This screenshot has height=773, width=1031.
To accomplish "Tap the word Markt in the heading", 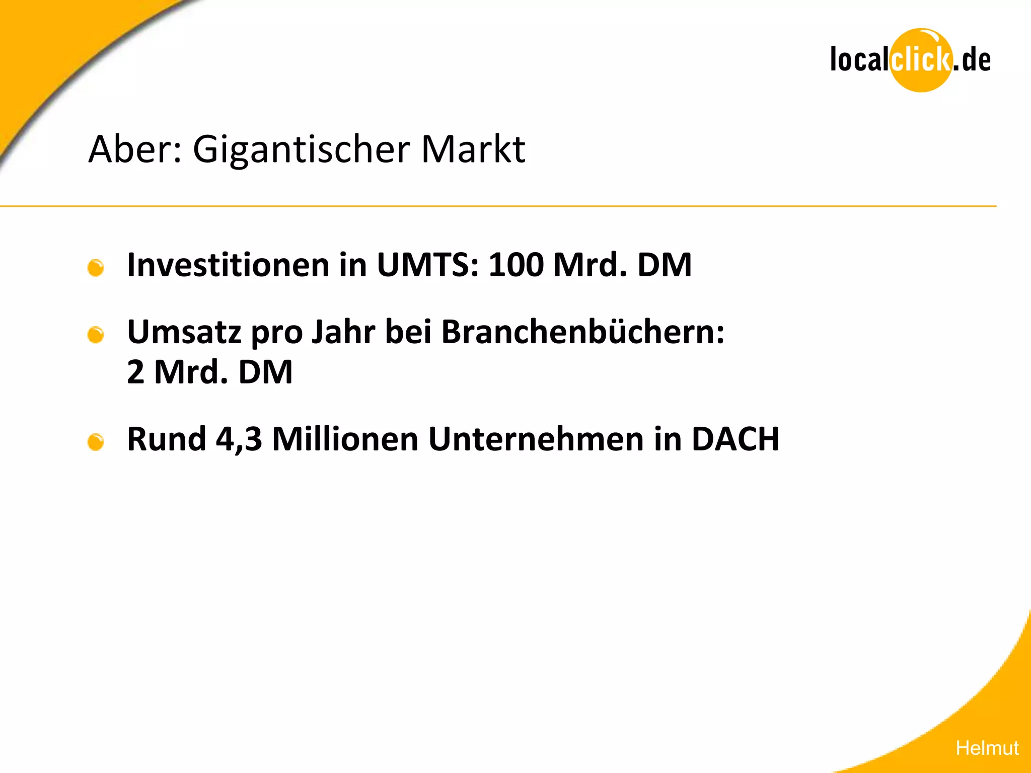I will (473, 149).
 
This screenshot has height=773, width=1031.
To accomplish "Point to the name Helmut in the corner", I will (987, 748).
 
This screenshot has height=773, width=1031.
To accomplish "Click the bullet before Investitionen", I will (96, 268).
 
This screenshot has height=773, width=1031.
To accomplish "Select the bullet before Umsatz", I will (96, 335).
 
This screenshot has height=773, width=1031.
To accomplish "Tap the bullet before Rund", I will (96, 442).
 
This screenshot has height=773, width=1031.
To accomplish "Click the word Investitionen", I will (228, 265).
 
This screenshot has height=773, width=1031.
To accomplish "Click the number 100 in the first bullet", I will (516, 265).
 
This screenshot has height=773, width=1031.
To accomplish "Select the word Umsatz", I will (184, 332).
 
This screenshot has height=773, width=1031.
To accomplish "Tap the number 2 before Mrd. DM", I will (135, 372).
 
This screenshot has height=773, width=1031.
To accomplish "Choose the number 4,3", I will (239, 439).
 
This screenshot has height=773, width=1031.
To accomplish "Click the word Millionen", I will (345, 439).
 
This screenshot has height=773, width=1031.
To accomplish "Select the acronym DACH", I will (735, 439).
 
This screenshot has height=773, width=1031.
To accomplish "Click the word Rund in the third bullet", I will (167, 439).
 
